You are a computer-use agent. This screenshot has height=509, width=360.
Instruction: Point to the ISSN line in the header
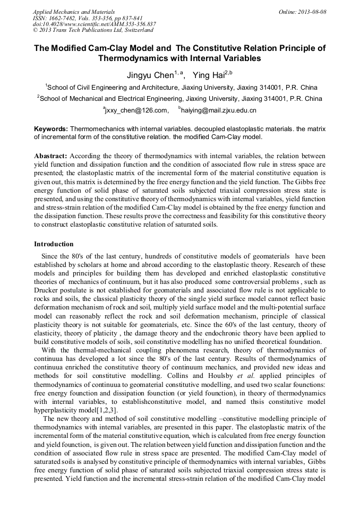click(x=88, y=18)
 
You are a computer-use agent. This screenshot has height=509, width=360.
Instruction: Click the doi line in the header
click(x=95, y=24)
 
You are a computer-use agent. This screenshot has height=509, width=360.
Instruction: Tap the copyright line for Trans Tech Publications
click(x=93, y=31)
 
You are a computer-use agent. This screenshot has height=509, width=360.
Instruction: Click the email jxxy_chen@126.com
click(x=137, y=111)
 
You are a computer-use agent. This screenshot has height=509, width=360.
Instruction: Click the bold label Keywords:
click(x=50, y=129)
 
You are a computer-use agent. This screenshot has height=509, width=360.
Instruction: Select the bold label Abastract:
click(x=50, y=157)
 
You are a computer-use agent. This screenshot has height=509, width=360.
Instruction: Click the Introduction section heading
click(x=54, y=244)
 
